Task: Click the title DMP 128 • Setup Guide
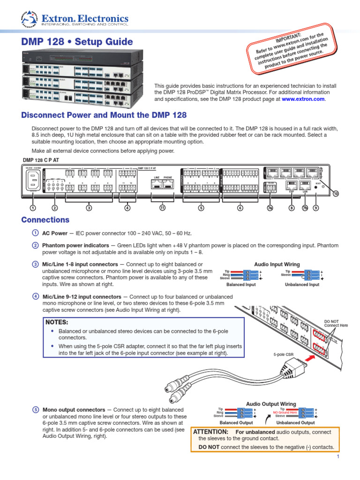(x=77, y=42)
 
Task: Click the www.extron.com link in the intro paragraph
(x=303, y=99)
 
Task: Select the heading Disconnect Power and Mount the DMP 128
(x=104, y=115)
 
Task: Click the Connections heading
(x=45, y=220)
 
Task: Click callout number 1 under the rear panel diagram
(x=32, y=208)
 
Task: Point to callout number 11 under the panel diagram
(x=163, y=208)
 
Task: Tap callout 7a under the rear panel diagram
(x=270, y=208)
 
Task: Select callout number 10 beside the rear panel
(x=336, y=193)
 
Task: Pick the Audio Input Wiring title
(x=277, y=264)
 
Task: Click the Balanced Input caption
(x=241, y=285)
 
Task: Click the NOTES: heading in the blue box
(x=57, y=322)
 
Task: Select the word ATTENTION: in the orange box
(x=211, y=432)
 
